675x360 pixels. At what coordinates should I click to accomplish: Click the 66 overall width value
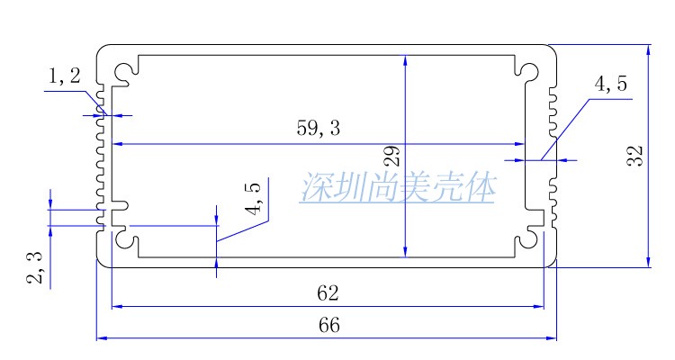(x=329, y=326)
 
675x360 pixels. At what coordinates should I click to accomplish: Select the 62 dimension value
(x=329, y=293)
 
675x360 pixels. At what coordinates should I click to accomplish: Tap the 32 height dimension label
(x=634, y=156)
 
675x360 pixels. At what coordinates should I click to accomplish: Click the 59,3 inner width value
(x=319, y=129)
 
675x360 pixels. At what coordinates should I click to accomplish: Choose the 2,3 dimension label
(x=35, y=268)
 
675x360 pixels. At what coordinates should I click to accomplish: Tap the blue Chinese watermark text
(x=399, y=188)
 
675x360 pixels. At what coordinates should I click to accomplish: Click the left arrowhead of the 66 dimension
(x=101, y=338)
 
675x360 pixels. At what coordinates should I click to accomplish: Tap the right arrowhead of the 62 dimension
(x=539, y=306)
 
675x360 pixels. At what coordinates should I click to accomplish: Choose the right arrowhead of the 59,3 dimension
(x=519, y=144)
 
